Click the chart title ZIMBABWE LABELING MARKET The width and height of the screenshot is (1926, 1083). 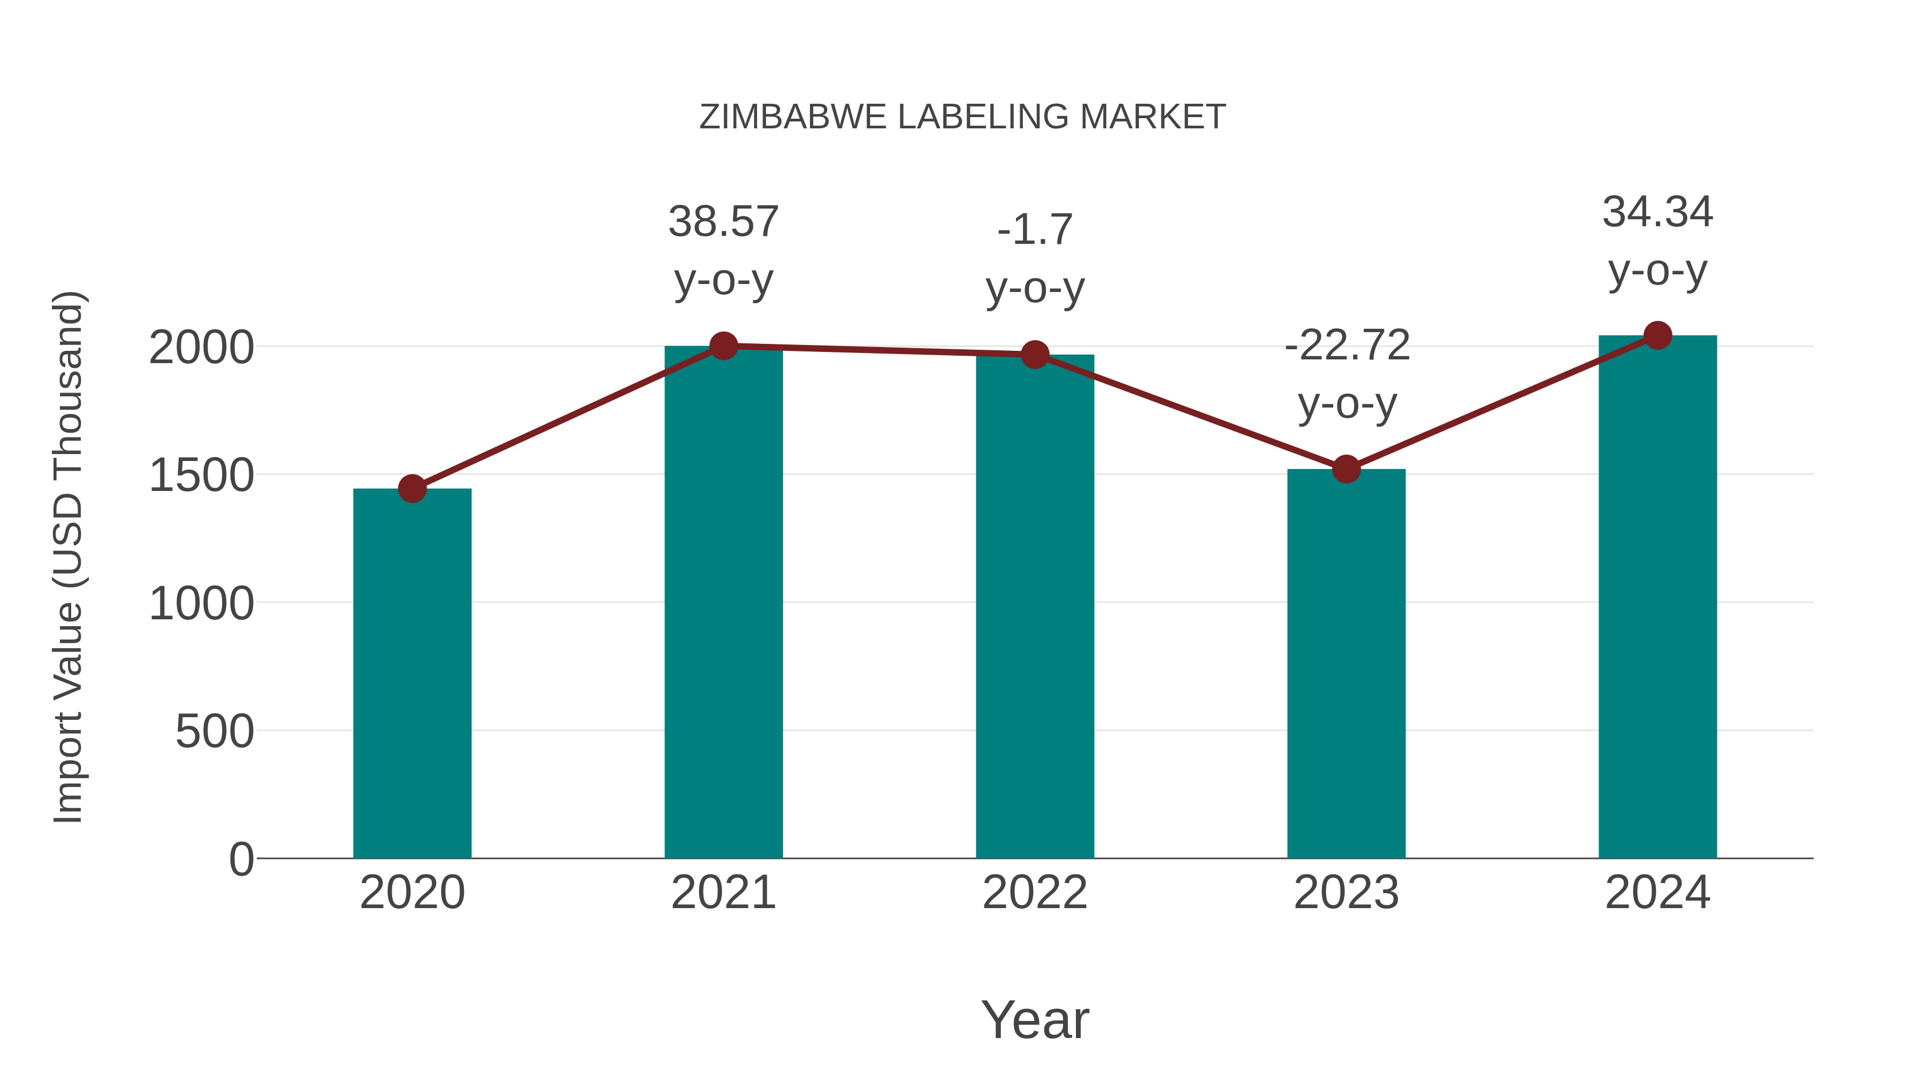[x=962, y=117]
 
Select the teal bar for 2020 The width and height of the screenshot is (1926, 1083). [x=412, y=673]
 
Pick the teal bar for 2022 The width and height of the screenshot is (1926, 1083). [x=1035, y=605]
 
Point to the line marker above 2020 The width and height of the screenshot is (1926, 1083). [x=412, y=489]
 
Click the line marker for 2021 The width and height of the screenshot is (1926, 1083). [x=723, y=346]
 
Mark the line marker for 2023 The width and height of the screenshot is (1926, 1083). [x=1346, y=470]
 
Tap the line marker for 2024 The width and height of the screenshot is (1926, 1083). [x=1657, y=335]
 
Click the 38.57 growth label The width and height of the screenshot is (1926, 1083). [x=723, y=222]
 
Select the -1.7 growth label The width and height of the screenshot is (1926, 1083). [x=1035, y=229]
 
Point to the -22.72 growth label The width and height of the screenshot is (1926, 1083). [x=1347, y=345]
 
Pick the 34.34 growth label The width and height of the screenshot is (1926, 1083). [x=1657, y=212]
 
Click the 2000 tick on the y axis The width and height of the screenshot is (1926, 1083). [x=202, y=348]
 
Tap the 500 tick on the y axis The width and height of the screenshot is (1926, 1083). [x=215, y=731]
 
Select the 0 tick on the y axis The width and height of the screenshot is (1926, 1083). [x=241, y=859]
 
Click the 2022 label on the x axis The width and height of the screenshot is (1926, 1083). [x=1035, y=893]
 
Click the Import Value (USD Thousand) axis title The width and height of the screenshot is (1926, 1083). [x=69, y=557]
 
